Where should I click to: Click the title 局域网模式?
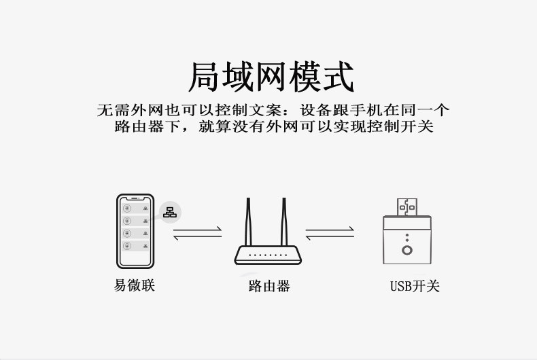point(271,77)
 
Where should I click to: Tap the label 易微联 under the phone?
point(135,285)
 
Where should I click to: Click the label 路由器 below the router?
point(269,286)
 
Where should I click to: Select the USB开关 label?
point(415,286)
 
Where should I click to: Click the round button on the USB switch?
point(407,250)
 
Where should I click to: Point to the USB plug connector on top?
point(407,207)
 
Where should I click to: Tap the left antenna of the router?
point(248,221)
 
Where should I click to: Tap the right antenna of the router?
point(284,221)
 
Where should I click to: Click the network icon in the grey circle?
point(170,213)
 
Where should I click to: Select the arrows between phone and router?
point(197,234)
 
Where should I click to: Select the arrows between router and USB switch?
point(330,234)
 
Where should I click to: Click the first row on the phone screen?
point(136,209)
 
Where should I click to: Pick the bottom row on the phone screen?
point(136,246)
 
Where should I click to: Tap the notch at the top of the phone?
point(135,198)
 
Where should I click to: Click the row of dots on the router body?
point(268,255)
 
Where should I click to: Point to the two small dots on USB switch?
point(407,238)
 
